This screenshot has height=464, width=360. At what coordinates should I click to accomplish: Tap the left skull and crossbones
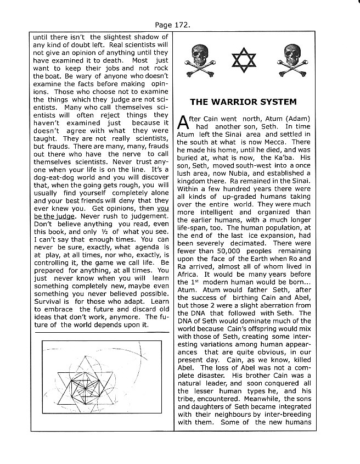(200, 58)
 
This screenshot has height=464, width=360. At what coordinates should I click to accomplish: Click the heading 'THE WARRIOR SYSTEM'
(243, 102)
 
